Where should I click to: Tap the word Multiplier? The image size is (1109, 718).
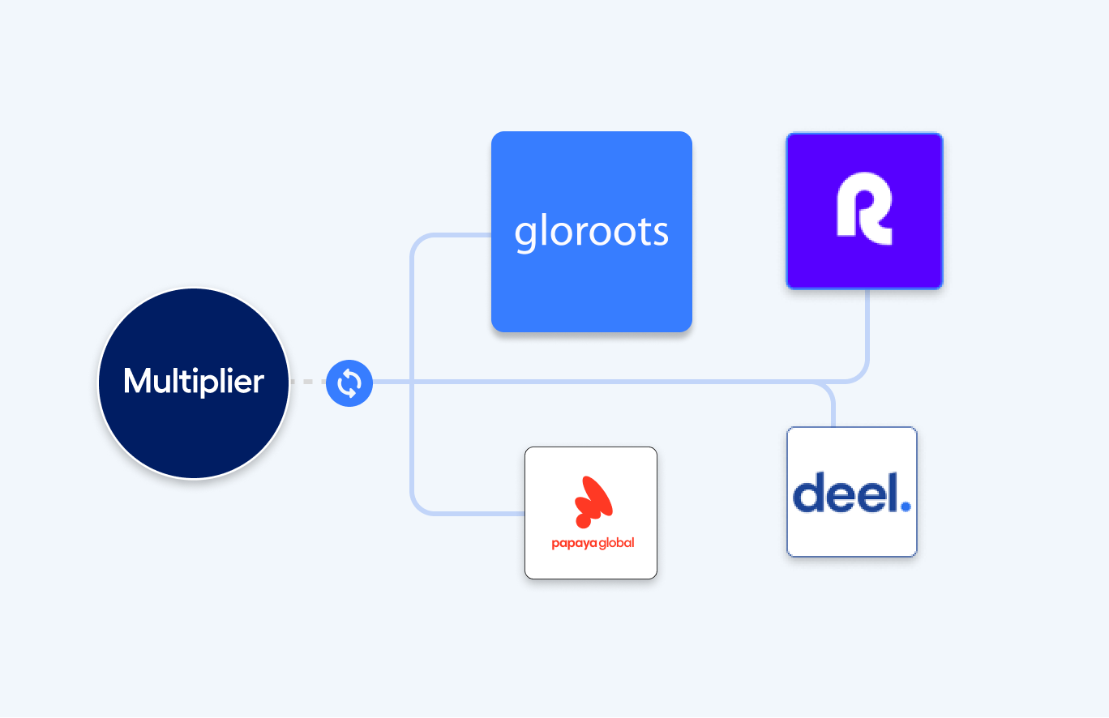pyautogui.click(x=194, y=382)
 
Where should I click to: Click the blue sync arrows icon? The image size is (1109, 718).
pyautogui.click(x=349, y=383)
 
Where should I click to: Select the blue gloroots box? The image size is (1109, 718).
pyautogui.click(x=591, y=284)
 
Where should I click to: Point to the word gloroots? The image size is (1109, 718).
pyautogui.click(x=591, y=233)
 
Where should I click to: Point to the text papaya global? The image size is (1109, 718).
pyautogui.click(x=593, y=543)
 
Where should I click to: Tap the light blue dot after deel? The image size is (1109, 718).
pyautogui.click(x=906, y=506)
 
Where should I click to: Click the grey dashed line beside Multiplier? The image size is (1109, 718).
pyautogui.click(x=308, y=382)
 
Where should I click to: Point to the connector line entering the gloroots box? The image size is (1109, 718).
pyautogui.click(x=462, y=235)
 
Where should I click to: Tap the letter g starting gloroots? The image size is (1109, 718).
pyautogui.click(x=525, y=235)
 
